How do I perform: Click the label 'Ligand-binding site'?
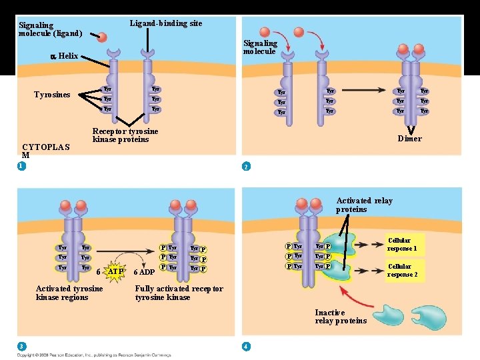click(165, 23)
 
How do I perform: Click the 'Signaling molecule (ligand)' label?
click(50, 29)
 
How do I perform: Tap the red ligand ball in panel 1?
click(101, 37)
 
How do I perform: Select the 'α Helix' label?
click(65, 57)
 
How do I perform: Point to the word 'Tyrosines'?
click(52, 95)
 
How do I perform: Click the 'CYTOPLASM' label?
click(46, 151)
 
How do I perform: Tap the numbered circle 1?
click(22, 166)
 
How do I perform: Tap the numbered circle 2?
click(246, 166)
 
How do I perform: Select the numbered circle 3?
click(22, 345)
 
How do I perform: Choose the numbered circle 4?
click(246, 345)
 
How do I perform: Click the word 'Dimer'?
click(409, 139)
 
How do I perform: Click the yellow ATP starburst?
click(115, 271)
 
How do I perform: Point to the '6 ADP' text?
click(144, 272)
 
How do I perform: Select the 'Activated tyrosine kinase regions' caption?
click(69, 293)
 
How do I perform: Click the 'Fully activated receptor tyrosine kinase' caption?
click(179, 293)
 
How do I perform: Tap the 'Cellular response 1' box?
click(402, 244)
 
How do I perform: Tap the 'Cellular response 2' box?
click(402, 270)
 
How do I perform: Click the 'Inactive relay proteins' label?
click(341, 317)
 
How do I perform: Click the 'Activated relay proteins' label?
click(364, 205)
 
